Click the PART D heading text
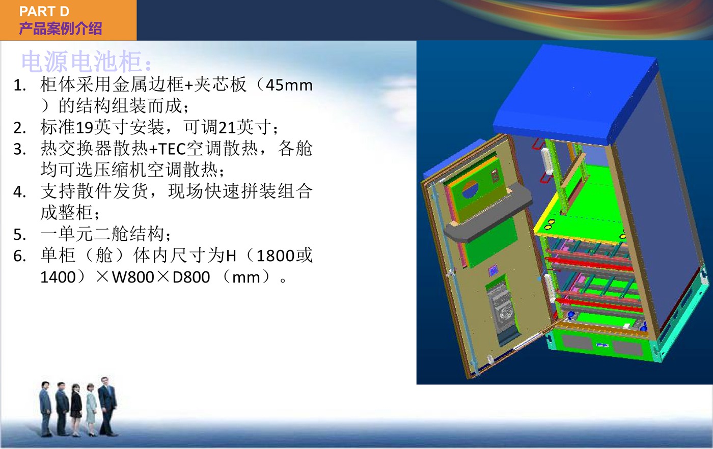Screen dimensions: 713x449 tap(44, 12)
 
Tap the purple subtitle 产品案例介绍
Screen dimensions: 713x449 tap(61, 29)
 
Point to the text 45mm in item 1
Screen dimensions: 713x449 tap(289, 86)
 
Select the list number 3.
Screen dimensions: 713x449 tap(19, 149)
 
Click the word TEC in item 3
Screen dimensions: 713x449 tap(172, 149)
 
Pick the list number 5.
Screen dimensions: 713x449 tap(19, 235)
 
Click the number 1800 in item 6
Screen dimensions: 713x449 tap(276, 256)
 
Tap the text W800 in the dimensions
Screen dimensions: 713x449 tap(133, 277)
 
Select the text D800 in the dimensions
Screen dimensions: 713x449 tap(191, 277)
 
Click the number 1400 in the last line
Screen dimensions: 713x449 tap(58, 277)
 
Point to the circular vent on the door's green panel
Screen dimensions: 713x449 tap(470, 189)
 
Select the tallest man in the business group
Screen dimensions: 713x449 tap(107, 406)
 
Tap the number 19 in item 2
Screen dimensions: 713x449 tap(85, 128)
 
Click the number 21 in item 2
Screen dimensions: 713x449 tap(227, 128)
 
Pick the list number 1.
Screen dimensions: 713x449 tap(19, 86)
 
